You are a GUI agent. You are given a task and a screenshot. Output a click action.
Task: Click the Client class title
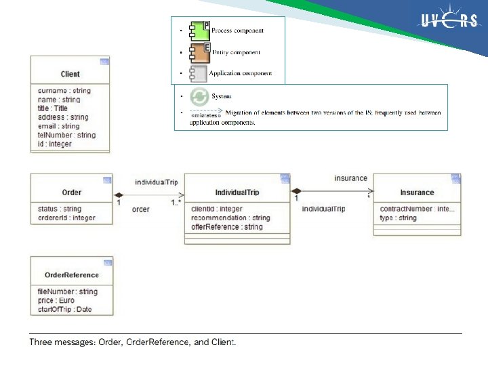pyautogui.click(x=70, y=74)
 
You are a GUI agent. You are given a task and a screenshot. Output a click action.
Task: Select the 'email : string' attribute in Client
pyautogui.click(x=59, y=126)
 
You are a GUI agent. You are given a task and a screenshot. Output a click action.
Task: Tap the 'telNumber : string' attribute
pyautogui.click(x=66, y=135)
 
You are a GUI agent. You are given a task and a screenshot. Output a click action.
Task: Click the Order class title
pyautogui.click(x=71, y=192)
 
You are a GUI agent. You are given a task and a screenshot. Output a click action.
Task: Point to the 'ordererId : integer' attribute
pyautogui.click(x=66, y=218)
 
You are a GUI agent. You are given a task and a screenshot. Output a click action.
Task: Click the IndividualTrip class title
pyautogui.click(x=237, y=192)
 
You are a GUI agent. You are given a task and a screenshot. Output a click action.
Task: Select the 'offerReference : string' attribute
pyautogui.click(x=226, y=226)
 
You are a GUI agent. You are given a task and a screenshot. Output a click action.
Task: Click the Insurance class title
pyautogui.click(x=417, y=192)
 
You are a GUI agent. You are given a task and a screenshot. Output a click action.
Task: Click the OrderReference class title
pyautogui.click(x=71, y=275)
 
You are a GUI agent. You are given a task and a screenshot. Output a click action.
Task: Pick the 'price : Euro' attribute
pyautogui.click(x=56, y=300)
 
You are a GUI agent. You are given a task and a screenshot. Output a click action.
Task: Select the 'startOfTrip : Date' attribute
pyautogui.click(x=65, y=309)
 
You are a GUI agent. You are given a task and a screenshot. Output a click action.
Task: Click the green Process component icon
pyautogui.click(x=199, y=30)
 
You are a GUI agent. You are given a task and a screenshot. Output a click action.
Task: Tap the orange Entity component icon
pyautogui.click(x=199, y=52)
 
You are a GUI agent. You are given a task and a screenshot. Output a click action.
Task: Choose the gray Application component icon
pyautogui.click(x=198, y=73)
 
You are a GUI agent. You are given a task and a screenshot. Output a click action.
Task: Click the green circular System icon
pyautogui.click(x=199, y=96)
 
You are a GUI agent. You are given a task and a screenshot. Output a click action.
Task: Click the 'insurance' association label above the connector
pyautogui.click(x=350, y=178)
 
